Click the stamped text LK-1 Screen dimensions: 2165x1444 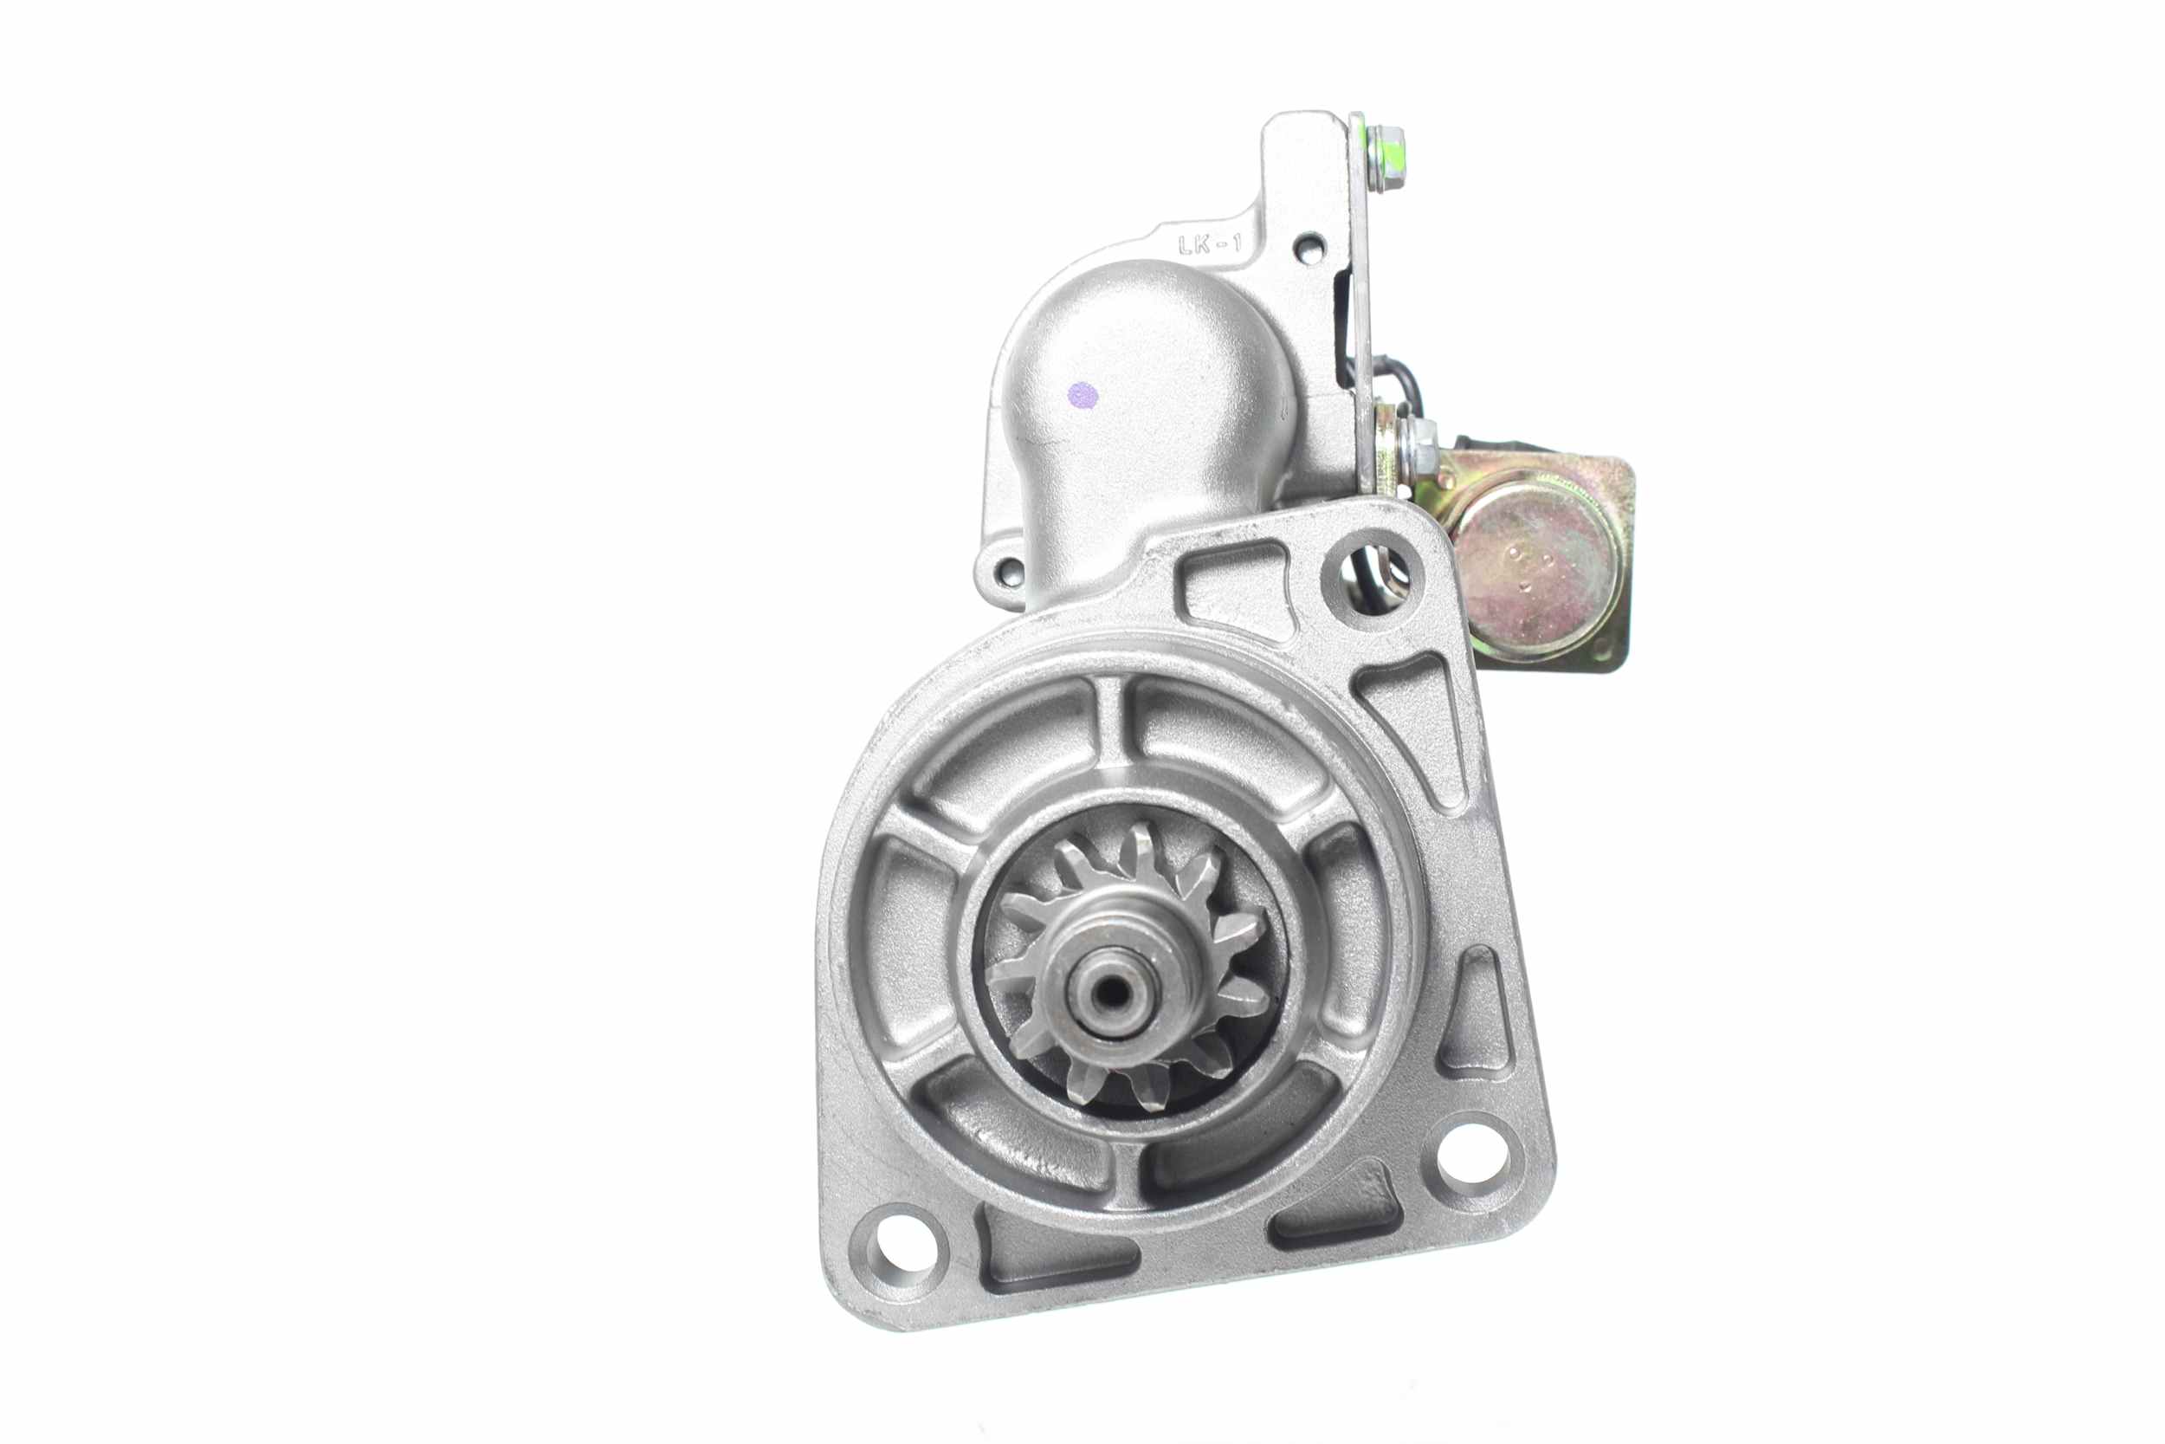[1211, 244]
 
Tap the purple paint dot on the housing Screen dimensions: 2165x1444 [1084, 395]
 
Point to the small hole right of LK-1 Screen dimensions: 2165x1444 [1309, 248]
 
